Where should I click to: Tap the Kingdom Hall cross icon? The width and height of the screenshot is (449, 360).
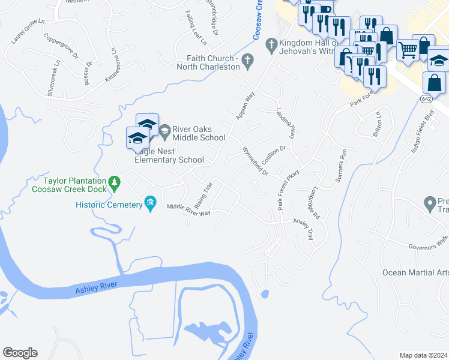[x=271, y=43]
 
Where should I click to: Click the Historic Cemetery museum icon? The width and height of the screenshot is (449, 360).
[x=150, y=205]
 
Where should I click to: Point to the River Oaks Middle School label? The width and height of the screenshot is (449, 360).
[x=199, y=133]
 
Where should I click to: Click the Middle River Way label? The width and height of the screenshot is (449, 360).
[x=188, y=209]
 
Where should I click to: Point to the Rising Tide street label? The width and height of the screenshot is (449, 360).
[x=203, y=193]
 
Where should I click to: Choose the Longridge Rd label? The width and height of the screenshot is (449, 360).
[x=316, y=205]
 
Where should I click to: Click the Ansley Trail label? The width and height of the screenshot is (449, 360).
[x=303, y=227]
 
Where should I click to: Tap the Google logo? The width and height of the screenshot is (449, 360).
[x=20, y=353]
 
